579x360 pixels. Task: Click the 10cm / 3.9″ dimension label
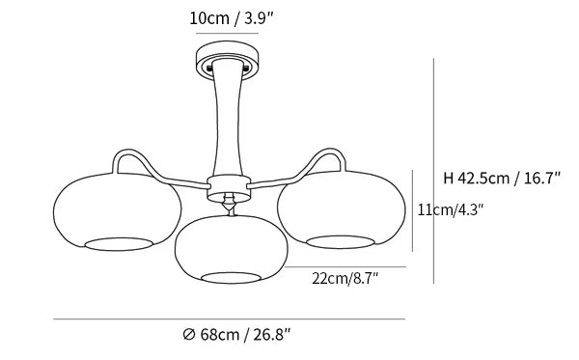pyautogui.click(x=231, y=18)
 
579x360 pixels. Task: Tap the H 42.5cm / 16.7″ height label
pyautogui.click(x=502, y=178)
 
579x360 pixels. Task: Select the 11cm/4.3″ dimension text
pyautogui.click(x=451, y=209)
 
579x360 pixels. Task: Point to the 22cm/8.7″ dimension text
pyautogui.click(x=345, y=278)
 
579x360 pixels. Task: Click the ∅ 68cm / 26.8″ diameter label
pyautogui.click(x=237, y=335)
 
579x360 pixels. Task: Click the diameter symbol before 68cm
pyautogui.click(x=189, y=335)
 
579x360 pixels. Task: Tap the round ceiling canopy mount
pyautogui.click(x=228, y=60)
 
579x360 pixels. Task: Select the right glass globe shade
pyautogui.click(x=342, y=209)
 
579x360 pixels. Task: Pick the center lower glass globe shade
pyautogui.click(x=232, y=249)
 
